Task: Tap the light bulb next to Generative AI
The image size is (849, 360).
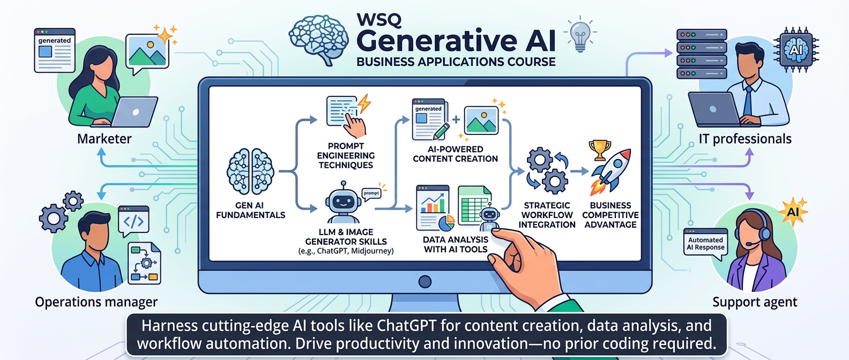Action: (x=580, y=35)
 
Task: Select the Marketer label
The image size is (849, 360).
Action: (x=104, y=139)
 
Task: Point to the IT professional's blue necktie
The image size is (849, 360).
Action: (x=747, y=101)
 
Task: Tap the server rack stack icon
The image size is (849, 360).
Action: (x=701, y=54)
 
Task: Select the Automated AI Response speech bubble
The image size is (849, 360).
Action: (x=705, y=244)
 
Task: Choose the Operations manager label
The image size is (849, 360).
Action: (x=96, y=302)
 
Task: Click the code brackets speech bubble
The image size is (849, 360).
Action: (x=133, y=221)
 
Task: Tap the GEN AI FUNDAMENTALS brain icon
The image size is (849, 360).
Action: (x=250, y=171)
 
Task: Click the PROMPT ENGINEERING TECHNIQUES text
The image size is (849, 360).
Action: (x=346, y=155)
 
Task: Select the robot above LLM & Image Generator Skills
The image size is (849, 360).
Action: (x=342, y=204)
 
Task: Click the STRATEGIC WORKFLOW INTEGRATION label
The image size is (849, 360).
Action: (x=547, y=215)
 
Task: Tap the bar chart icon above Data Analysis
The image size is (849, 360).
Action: (x=433, y=206)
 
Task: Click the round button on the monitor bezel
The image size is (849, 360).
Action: (x=425, y=281)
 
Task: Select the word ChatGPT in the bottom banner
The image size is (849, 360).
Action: (x=407, y=326)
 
